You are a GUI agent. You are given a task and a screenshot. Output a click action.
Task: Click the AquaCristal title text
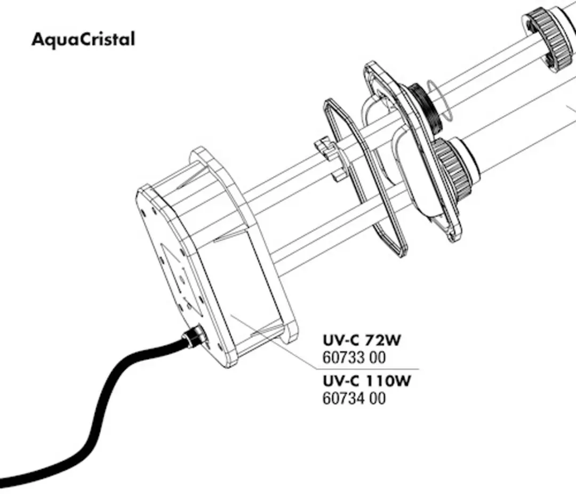83,39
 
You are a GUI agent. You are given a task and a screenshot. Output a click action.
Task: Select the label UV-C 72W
362,340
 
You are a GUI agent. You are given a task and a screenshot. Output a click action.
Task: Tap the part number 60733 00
354,358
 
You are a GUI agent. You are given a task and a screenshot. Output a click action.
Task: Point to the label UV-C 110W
366,381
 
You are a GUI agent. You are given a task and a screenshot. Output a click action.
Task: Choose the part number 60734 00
354,398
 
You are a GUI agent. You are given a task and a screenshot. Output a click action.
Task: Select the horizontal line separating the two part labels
367,369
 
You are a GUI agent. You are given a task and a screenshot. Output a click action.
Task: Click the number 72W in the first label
382,340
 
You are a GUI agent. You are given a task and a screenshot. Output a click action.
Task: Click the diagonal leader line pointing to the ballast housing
274,341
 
